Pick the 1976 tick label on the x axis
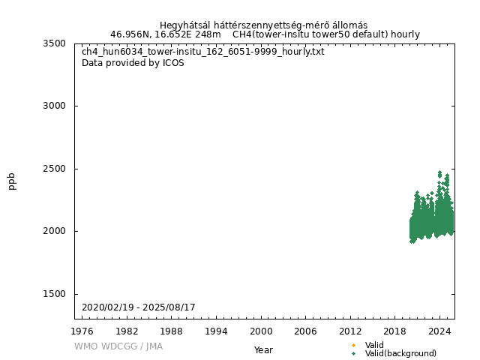click(x=82, y=331)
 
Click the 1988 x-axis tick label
click(x=172, y=331)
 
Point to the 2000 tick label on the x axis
click(x=261, y=331)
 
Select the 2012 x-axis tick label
click(x=350, y=331)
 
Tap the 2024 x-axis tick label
click(x=439, y=331)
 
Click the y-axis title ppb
click(x=13, y=181)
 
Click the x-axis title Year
click(x=263, y=350)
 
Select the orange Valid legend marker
click(x=353, y=345)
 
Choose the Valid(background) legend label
click(x=400, y=354)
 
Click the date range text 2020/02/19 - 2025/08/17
click(x=139, y=307)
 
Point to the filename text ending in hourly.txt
click(x=203, y=52)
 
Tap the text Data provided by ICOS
click(x=133, y=63)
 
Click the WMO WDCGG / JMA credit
click(x=118, y=346)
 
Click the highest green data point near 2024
click(x=439, y=172)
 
